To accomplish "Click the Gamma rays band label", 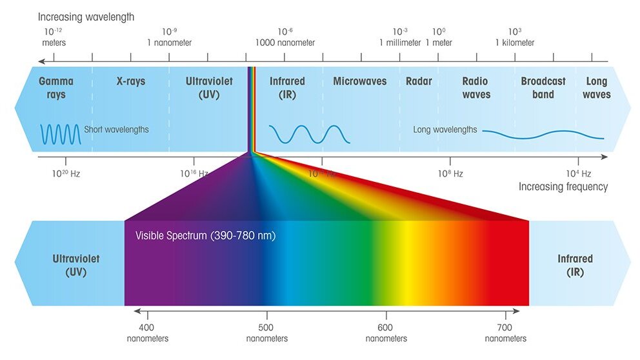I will pyautogui.click(x=56, y=88).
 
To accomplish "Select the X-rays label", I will pyautogui.click(x=130, y=81).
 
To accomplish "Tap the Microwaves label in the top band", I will pyautogui.click(x=359, y=81).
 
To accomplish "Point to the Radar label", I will pyautogui.click(x=419, y=81).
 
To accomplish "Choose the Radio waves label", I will pyautogui.click(x=475, y=88).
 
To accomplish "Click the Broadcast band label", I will pyautogui.click(x=543, y=88).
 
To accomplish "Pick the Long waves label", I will pyautogui.click(x=596, y=88).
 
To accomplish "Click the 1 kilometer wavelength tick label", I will pyautogui.click(x=514, y=37).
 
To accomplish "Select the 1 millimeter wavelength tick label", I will pyautogui.click(x=400, y=37).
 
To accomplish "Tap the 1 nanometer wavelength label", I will pyautogui.click(x=169, y=37).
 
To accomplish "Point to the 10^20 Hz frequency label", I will pyautogui.click(x=66, y=174).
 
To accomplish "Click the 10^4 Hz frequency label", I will pyautogui.click(x=578, y=174).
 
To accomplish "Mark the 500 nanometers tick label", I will pyautogui.click(x=267, y=333).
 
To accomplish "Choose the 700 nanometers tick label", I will pyautogui.click(x=505, y=333).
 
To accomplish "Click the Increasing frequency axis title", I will pyautogui.click(x=563, y=186).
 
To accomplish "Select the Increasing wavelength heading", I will pyautogui.click(x=86, y=17).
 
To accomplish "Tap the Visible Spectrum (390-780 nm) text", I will pyautogui.click(x=205, y=235).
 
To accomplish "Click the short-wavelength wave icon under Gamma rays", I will pyautogui.click(x=61, y=134).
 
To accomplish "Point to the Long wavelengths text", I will pyautogui.click(x=445, y=130).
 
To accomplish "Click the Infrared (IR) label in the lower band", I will pyautogui.click(x=575, y=265).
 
